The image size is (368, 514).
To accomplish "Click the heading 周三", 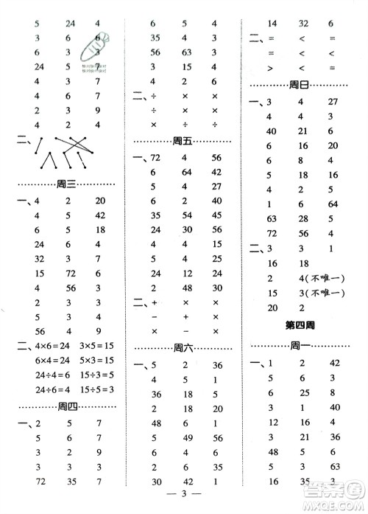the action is tap(67, 184).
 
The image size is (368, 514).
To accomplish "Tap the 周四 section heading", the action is tap(67, 406).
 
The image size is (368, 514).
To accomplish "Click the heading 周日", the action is tap(299, 85).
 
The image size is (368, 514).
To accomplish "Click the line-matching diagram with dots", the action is tap(63, 153).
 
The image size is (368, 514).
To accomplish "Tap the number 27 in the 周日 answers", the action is tap(332, 102).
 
